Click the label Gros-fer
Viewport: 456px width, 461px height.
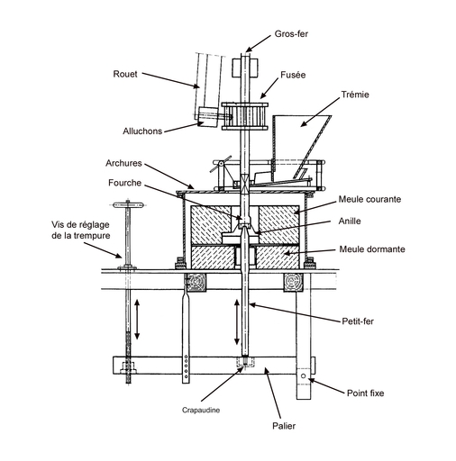(x=291, y=34)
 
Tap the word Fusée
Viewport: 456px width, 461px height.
(x=293, y=75)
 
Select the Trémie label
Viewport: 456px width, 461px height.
(x=355, y=95)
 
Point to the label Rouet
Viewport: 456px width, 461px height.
(x=125, y=74)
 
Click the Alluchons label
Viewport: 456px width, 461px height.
(x=142, y=131)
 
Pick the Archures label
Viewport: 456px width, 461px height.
(x=123, y=163)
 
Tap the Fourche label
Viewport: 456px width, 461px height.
(x=124, y=183)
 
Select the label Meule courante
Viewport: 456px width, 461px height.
(x=369, y=199)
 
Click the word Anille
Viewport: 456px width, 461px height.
(x=350, y=221)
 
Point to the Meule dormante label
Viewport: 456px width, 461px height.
(x=372, y=249)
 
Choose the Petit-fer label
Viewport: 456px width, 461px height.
(x=358, y=321)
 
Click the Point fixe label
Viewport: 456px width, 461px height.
(x=365, y=393)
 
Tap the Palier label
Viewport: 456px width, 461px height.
(x=284, y=426)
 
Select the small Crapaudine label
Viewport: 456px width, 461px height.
(x=201, y=410)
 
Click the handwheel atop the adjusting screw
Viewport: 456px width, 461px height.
(x=128, y=205)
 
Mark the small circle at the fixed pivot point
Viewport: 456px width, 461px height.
(x=303, y=375)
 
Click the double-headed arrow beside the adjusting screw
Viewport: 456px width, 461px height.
(x=137, y=320)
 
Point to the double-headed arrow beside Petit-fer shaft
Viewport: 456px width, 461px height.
(x=237, y=321)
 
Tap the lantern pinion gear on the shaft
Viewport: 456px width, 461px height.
(x=244, y=116)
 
